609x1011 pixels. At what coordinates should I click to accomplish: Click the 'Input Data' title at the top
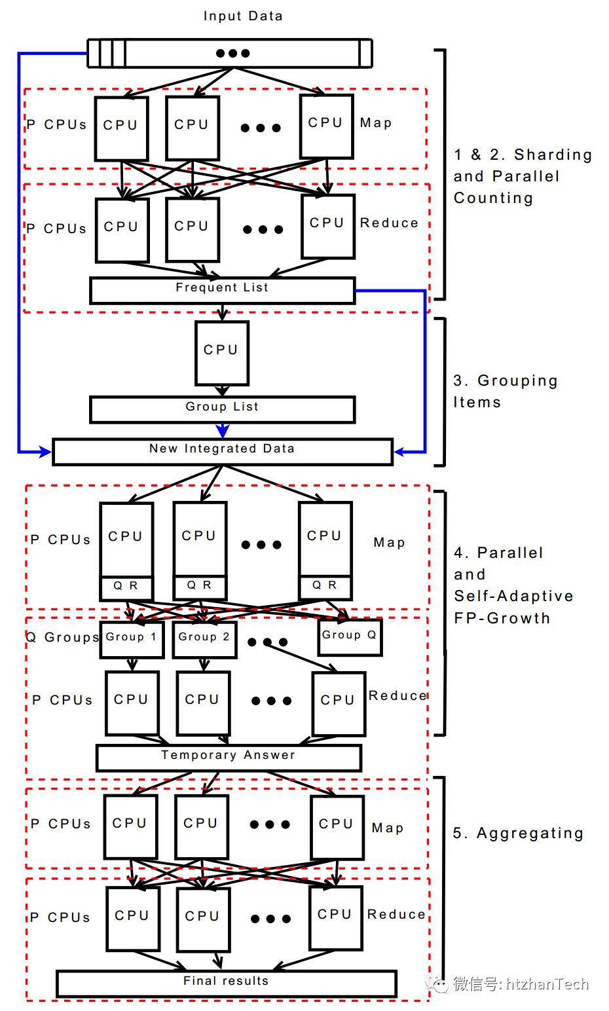pos(242,16)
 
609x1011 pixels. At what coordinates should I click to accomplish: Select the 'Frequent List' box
pos(222,290)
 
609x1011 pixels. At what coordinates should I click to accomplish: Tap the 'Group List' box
pos(222,409)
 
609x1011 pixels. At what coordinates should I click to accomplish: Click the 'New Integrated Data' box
pos(222,451)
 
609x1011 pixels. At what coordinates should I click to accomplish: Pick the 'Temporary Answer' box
pos(228,758)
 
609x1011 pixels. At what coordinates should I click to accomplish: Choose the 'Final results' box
pos(226,983)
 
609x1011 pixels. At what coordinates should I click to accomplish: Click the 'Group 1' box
pos(132,638)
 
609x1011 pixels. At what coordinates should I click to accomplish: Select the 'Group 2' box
pos(204,639)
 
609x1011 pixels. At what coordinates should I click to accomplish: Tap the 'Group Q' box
pos(350,636)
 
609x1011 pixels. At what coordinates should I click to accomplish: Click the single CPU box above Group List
pos(221,352)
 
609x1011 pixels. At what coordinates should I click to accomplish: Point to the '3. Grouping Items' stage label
pos(505,391)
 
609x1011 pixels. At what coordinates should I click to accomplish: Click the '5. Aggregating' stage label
pos(518,833)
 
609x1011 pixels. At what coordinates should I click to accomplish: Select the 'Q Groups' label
pos(62,637)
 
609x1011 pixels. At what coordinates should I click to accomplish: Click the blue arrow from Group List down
pos(223,430)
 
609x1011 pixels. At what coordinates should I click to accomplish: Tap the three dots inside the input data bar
pos(232,54)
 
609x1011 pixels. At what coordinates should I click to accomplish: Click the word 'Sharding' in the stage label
pos(553,155)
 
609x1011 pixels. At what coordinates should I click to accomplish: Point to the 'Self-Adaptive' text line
pos(513,596)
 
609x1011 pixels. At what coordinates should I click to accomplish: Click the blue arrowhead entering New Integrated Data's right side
pos(399,451)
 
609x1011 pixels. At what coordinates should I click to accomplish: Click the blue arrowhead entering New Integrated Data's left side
pos(46,451)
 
